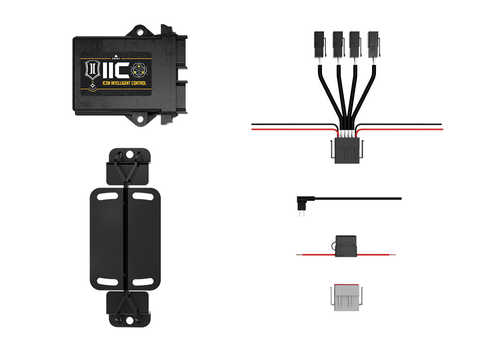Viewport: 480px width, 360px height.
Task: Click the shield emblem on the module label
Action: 91,70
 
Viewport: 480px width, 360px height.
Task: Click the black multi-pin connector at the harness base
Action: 347,151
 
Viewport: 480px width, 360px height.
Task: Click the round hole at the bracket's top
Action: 129,154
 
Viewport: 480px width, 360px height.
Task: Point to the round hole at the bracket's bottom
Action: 129,321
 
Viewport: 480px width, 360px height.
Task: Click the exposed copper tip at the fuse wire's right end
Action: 393,255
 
